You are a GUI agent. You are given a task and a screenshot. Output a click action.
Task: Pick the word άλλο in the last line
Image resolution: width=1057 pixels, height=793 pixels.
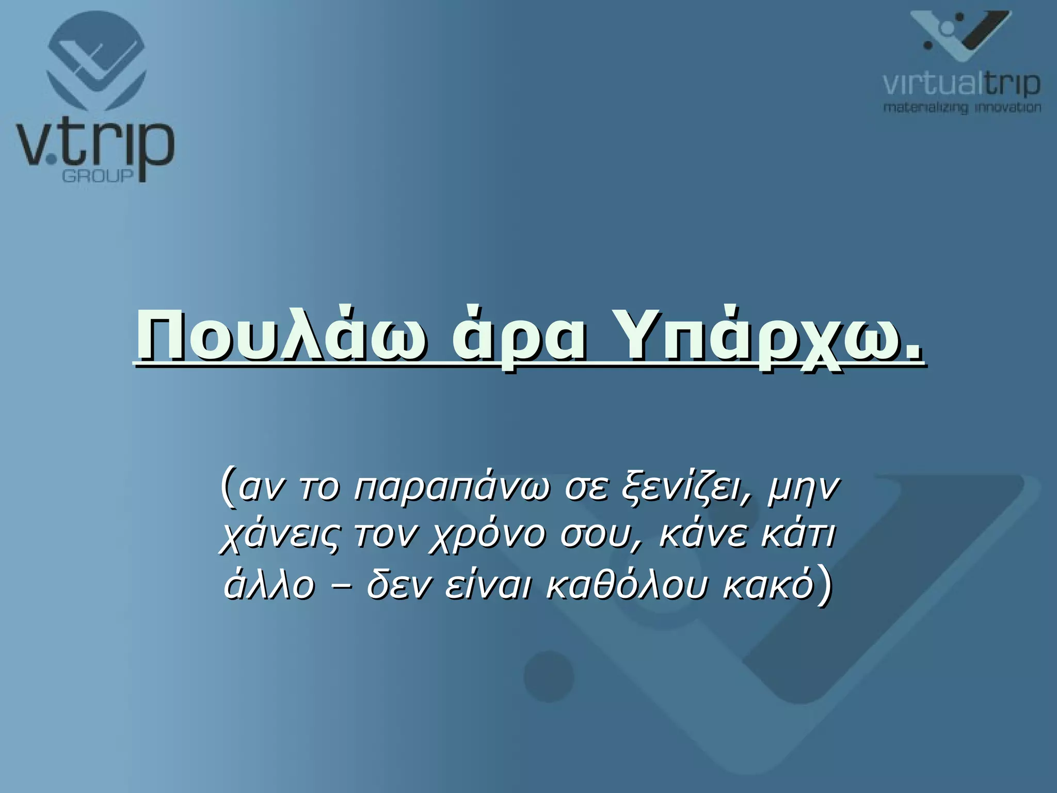269,585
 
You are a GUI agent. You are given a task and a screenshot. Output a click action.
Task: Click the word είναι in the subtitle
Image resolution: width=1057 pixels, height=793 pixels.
488,585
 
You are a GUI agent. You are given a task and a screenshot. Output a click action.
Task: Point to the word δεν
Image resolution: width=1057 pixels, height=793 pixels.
397,585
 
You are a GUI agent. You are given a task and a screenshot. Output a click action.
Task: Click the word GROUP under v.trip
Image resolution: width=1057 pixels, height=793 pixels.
98,176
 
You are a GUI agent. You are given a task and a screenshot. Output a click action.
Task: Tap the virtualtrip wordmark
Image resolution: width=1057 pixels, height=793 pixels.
961,84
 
